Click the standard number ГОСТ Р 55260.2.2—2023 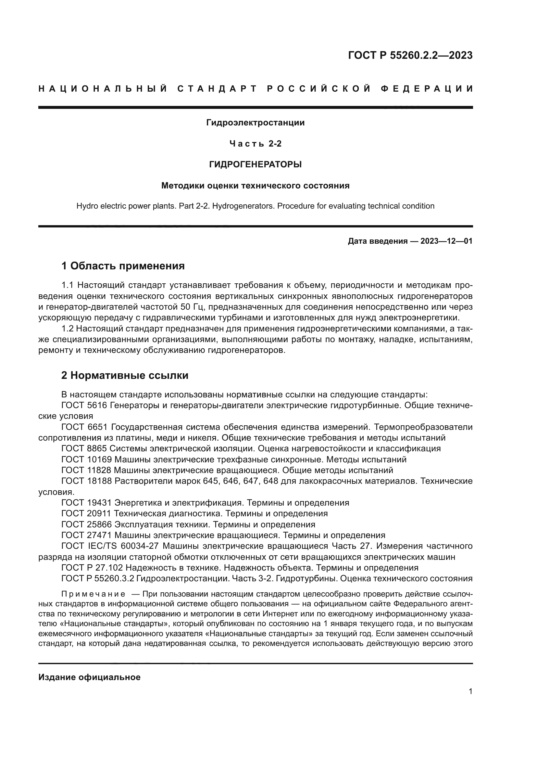(x=410, y=55)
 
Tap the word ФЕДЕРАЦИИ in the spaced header (x=427, y=89)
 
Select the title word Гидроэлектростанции (x=255, y=123)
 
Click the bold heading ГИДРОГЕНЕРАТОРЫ (x=255, y=164)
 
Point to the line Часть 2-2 (x=255, y=144)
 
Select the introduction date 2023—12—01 (x=446, y=241)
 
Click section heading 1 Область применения (x=123, y=266)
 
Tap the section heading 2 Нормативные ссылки (x=125, y=375)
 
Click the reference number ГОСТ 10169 (x=86, y=459)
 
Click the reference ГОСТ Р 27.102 (x=92, y=568)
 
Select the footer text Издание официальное (x=89, y=677)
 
